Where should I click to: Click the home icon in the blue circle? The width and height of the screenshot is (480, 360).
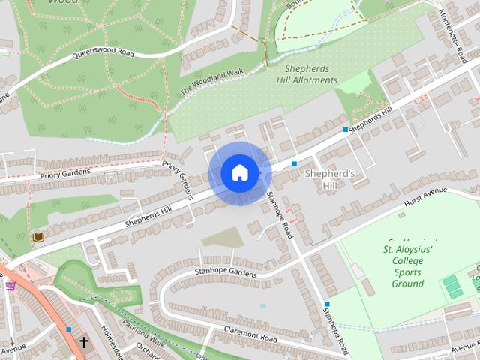(239, 172)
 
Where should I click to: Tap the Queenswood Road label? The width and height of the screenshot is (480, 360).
(104, 55)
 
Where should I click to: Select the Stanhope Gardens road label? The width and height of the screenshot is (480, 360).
(226, 271)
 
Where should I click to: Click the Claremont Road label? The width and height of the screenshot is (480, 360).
(251, 334)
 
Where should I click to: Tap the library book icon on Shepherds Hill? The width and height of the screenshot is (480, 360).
(37, 237)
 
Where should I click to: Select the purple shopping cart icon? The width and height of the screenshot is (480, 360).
(10, 285)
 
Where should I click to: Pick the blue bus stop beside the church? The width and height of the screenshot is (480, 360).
(69, 329)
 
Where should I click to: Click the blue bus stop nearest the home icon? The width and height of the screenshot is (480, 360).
(295, 163)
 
